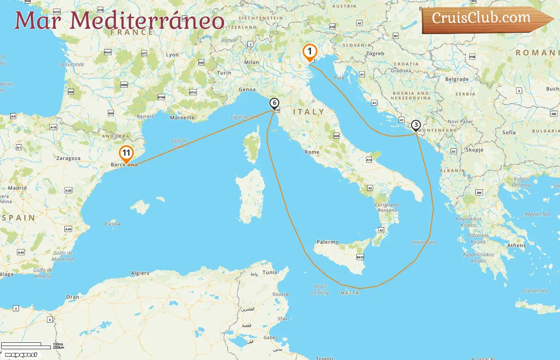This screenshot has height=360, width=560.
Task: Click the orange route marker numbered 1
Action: tap(310, 52)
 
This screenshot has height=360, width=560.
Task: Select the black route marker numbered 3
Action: tap(416, 125)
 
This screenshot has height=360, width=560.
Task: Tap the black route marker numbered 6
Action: tap(274, 103)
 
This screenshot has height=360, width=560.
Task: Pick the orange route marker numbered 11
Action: tap(126, 153)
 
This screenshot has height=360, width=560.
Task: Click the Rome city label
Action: tap(312, 152)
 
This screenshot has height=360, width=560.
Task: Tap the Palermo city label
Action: tap(328, 242)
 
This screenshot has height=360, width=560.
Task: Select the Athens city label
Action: tap(516, 246)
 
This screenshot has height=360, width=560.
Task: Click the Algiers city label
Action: tap(140, 273)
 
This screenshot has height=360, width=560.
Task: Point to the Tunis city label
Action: tap(270, 272)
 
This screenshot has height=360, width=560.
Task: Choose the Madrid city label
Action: tap(18, 188)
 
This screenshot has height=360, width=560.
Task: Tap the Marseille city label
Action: tap(182, 118)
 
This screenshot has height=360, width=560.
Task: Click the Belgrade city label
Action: tap(457, 79)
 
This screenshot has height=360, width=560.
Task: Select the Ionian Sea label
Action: tap(424, 242)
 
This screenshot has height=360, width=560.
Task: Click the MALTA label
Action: tap(350, 293)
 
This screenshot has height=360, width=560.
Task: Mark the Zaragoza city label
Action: tap(68, 158)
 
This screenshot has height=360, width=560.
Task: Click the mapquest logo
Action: tap(21, 355)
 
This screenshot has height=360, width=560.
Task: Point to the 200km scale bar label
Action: tap(58, 348)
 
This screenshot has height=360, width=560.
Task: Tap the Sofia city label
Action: tap(509, 132)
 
